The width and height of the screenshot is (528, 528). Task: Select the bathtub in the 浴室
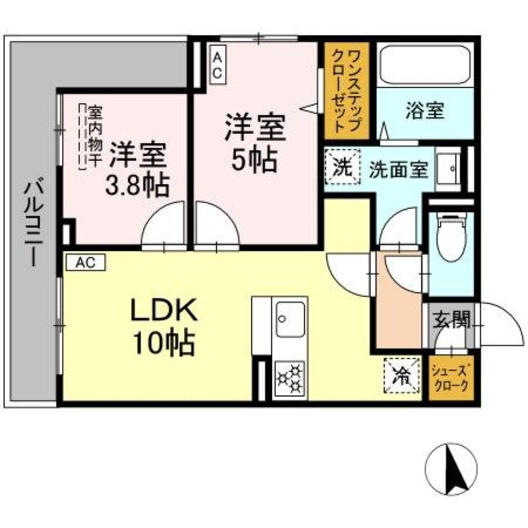(x=425, y=65)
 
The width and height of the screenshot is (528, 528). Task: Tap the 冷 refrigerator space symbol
(x=402, y=375)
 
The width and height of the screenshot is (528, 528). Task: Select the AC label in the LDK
(x=85, y=262)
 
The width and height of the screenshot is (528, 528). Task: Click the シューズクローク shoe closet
(x=449, y=378)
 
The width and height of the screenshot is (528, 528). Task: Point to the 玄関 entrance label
(x=451, y=319)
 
